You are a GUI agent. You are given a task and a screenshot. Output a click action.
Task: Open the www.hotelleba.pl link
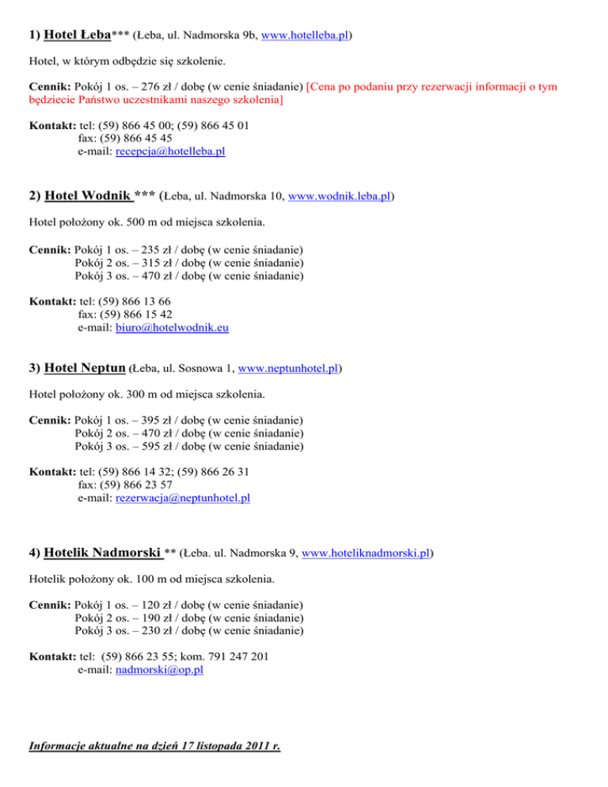tap(305, 36)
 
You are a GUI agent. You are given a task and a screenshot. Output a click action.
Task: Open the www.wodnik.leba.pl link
tap(341, 195)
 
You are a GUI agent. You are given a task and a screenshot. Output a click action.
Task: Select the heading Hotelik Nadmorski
tap(104, 551)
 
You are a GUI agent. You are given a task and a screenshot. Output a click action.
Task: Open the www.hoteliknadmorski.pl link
tap(371, 552)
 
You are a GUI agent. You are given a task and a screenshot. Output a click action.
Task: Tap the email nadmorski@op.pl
tap(159, 669)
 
